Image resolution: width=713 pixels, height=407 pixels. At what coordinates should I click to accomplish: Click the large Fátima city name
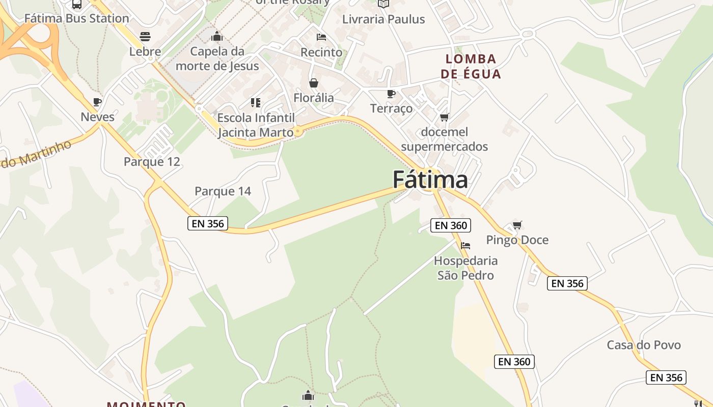(430, 180)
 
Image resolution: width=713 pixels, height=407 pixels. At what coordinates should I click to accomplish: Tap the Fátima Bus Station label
(77, 18)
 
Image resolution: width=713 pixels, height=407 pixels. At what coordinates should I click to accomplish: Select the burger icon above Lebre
(145, 36)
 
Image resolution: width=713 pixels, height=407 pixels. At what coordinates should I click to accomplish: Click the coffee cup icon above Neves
(97, 102)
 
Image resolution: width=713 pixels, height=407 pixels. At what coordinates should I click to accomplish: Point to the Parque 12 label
(152, 162)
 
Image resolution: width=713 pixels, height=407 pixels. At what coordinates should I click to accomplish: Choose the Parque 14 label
(223, 191)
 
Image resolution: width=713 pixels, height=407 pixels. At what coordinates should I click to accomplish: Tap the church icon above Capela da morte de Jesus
(217, 36)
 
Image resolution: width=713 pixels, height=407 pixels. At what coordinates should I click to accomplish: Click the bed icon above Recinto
(321, 37)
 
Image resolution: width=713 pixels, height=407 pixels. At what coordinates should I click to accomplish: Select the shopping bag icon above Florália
(314, 82)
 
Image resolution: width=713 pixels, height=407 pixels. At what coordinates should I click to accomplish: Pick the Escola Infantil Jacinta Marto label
(256, 125)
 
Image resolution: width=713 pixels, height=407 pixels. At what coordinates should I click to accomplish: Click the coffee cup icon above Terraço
(391, 94)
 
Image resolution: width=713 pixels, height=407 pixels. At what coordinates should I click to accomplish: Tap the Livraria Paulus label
(383, 19)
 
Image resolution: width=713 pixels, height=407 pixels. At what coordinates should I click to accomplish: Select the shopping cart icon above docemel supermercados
(444, 118)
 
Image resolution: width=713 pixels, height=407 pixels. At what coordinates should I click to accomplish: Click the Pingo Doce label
(517, 240)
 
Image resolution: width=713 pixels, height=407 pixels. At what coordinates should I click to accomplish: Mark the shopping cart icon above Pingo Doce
(517, 225)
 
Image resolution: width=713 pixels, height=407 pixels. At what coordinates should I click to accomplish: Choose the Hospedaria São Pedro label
(466, 268)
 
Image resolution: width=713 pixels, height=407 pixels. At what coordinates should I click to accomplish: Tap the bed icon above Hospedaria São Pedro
(465, 246)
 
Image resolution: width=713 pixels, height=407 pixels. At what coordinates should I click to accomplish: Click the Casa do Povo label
(644, 345)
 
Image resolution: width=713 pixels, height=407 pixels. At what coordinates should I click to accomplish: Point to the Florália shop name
(314, 98)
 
